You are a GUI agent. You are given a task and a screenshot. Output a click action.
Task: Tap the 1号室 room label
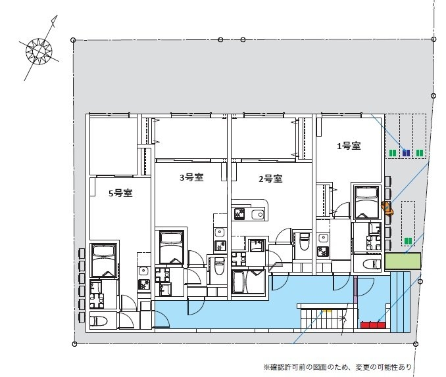348,146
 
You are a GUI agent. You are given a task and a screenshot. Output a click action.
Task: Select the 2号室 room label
270,179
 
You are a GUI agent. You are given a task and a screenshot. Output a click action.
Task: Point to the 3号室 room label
191,177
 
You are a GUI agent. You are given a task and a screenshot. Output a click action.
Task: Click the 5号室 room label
121,193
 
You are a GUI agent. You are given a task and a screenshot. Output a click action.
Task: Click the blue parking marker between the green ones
406,153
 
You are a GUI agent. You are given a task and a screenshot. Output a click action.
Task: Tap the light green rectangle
402,261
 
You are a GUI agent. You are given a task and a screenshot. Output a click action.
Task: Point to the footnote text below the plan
338,366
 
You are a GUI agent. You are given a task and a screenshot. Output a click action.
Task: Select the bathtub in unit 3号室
170,246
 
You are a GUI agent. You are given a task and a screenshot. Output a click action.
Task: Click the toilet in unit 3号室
220,265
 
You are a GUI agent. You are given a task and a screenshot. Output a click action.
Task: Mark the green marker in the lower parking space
409,241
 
